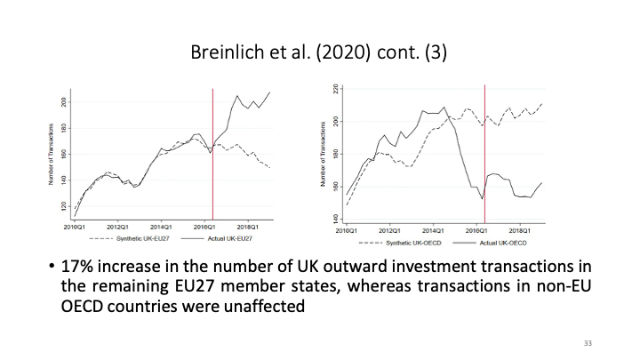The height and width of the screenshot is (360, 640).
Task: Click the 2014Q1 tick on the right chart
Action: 433,229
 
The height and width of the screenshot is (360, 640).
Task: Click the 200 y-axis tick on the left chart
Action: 63,102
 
